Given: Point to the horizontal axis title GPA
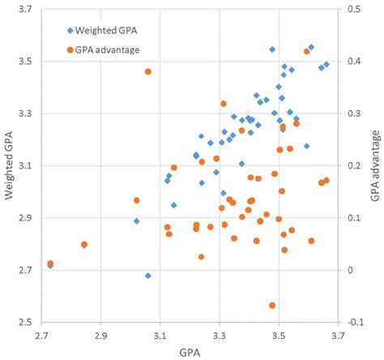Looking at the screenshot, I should click(190, 353).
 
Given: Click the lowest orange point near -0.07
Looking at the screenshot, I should click(272, 305).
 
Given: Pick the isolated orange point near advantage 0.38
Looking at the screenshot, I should click(148, 72).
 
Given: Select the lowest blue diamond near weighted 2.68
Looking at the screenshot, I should click(148, 276).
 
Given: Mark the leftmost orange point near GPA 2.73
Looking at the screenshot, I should click(50, 264).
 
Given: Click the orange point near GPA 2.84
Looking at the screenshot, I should click(83, 244).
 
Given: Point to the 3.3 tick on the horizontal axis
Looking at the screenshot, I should click(220, 334).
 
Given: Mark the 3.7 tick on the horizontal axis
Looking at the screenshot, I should click(338, 334).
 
